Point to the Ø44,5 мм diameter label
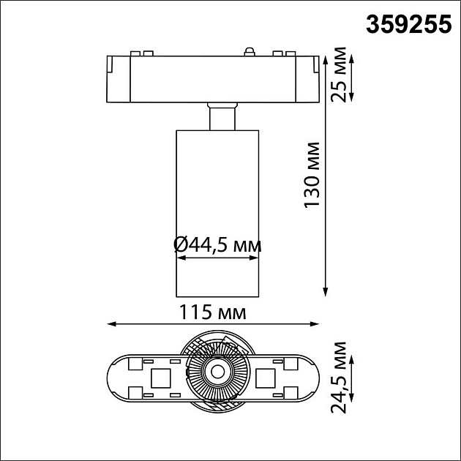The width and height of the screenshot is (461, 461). (217, 244)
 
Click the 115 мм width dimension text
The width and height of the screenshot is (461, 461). (211, 312)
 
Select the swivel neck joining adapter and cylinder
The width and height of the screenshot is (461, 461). (222, 116)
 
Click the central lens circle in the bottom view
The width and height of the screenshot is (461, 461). (217, 372)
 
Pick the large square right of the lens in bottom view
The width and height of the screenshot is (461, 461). (266, 378)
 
